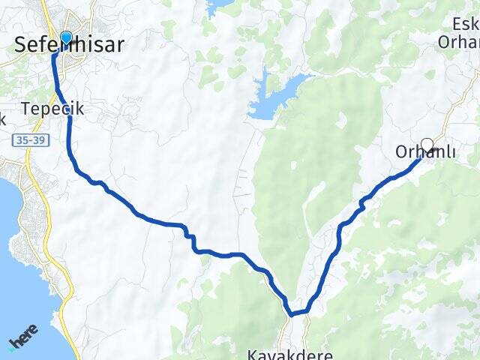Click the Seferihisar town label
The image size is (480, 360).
click(68, 45)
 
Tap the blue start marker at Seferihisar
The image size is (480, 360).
click(65, 37)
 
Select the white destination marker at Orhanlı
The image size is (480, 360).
click(427, 145)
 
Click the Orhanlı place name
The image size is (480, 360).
click(426, 152)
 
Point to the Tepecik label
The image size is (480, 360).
click(52, 109)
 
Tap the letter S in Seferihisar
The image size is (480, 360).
click(20, 45)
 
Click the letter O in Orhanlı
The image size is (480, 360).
click(401, 152)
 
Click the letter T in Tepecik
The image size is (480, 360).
click(25, 109)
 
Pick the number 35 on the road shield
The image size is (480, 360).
click(20, 140)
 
